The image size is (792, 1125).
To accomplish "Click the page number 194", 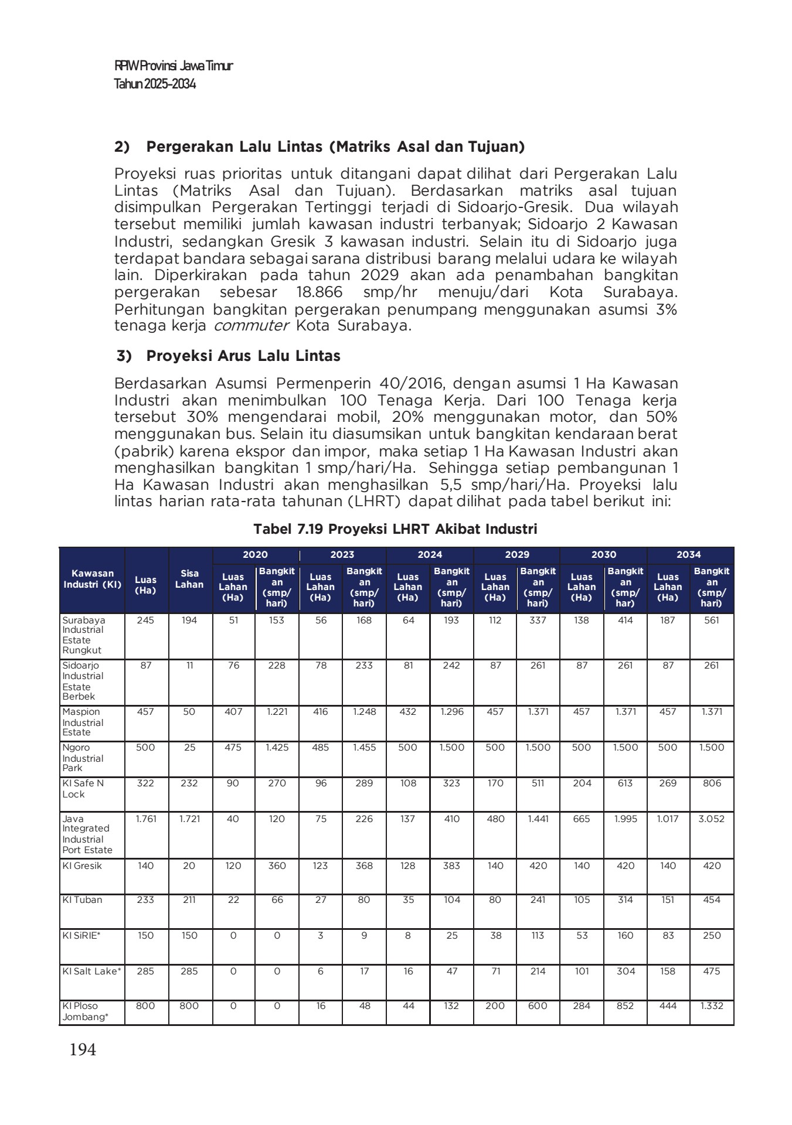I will pyautogui.click(x=83, y=1049).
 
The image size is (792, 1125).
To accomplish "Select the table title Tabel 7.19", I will pyautogui.click(x=395, y=529).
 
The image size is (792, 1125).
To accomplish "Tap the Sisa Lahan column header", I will pyautogui.click(x=189, y=579).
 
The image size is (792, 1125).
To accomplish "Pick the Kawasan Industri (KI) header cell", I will pyautogui.click(x=92, y=579).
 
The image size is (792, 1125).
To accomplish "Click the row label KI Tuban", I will pyautogui.click(x=83, y=899).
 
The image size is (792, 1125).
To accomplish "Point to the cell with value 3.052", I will pyautogui.click(x=711, y=819).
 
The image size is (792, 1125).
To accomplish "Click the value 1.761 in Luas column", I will pyautogui.click(x=146, y=819).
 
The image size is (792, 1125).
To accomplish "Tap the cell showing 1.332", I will pyautogui.click(x=711, y=1005).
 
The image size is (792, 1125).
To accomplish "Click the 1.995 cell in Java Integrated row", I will pyautogui.click(x=625, y=819).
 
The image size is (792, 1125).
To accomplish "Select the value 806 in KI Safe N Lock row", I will pyautogui.click(x=711, y=783).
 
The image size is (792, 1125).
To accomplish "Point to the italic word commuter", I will pyautogui.click(x=251, y=326).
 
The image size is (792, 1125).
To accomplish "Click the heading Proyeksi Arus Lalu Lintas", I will pyautogui.click(x=243, y=356).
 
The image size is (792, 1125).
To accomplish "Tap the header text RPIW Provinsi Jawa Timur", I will pyautogui.click(x=174, y=66).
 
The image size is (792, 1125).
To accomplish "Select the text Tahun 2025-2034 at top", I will pyautogui.click(x=155, y=84).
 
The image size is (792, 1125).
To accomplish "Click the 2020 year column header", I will pyautogui.click(x=255, y=554).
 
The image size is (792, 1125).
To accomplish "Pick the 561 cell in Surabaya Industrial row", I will pyautogui.click(x=711, y=620).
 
